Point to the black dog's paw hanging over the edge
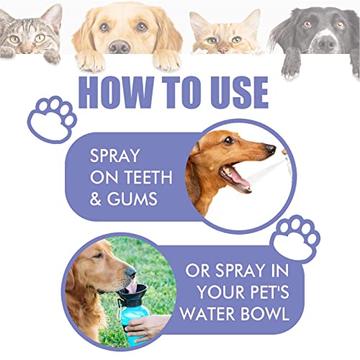(294, 66)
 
